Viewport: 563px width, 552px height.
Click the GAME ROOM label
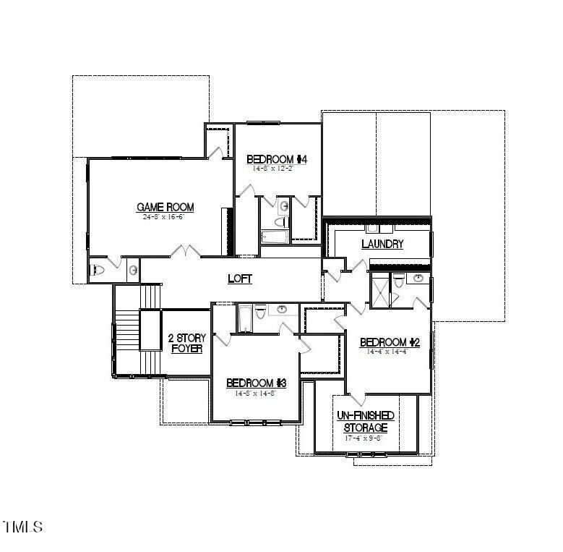[x=166, y=207]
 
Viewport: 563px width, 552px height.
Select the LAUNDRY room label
[x=382, y=244]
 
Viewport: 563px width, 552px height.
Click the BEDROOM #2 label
[x=390, y=342]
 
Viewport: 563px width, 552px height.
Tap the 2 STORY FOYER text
[x=186, y=343]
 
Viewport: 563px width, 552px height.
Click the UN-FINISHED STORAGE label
[x=366, y=421]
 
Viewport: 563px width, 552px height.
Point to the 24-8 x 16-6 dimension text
[x=166, y=217]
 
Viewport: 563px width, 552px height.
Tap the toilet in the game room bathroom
[x=99, y=270]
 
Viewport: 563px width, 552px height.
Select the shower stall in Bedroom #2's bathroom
[x=379, y=290]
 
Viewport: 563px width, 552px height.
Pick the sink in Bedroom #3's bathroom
[x=282, y=310]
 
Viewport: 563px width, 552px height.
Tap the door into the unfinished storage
[x=356, y=399]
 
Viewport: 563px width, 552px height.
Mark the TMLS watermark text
[x=22, y=526]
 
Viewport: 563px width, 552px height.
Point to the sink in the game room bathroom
[x=133, y=270]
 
